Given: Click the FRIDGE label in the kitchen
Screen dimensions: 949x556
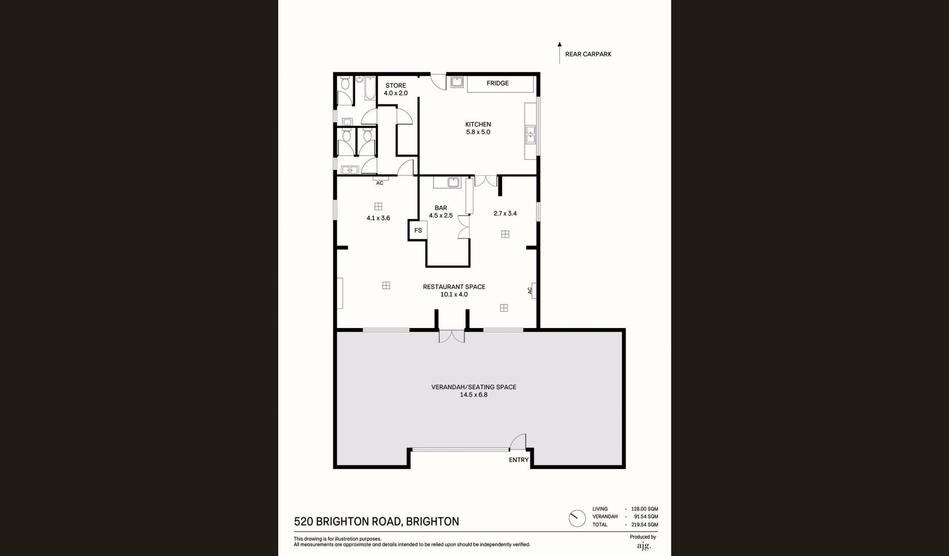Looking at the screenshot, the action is (497, 83).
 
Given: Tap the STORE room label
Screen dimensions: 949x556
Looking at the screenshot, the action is (395, 86).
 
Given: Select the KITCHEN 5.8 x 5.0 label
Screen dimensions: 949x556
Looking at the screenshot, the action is (478, 128).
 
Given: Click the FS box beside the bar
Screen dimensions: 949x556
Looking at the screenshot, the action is (418, 231).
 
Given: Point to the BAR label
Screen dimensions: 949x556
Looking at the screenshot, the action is (440, 208).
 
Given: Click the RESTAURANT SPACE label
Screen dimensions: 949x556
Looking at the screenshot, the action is (454, 287).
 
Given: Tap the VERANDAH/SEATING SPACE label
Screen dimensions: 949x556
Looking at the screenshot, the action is (474, 387).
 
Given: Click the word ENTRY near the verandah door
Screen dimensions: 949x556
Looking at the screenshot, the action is (518, 460).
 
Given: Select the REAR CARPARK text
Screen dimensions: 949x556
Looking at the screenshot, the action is (588, 54).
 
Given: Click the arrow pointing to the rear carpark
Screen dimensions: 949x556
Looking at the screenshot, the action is (560, 53).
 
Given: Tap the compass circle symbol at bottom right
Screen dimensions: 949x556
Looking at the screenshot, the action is (577, 518).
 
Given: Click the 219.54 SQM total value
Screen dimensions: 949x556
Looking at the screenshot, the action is (645, 525).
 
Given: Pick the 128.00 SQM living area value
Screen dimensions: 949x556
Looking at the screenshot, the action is (645, 509).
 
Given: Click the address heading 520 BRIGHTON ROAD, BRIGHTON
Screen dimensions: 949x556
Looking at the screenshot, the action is (377, 522).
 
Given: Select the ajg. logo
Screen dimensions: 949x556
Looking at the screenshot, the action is (644, 546).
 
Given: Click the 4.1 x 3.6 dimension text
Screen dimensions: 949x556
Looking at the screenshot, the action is (378, 218).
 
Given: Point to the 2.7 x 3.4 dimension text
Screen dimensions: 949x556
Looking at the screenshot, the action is (505, 214).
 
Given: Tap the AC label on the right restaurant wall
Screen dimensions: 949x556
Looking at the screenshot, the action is (530, 291).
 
